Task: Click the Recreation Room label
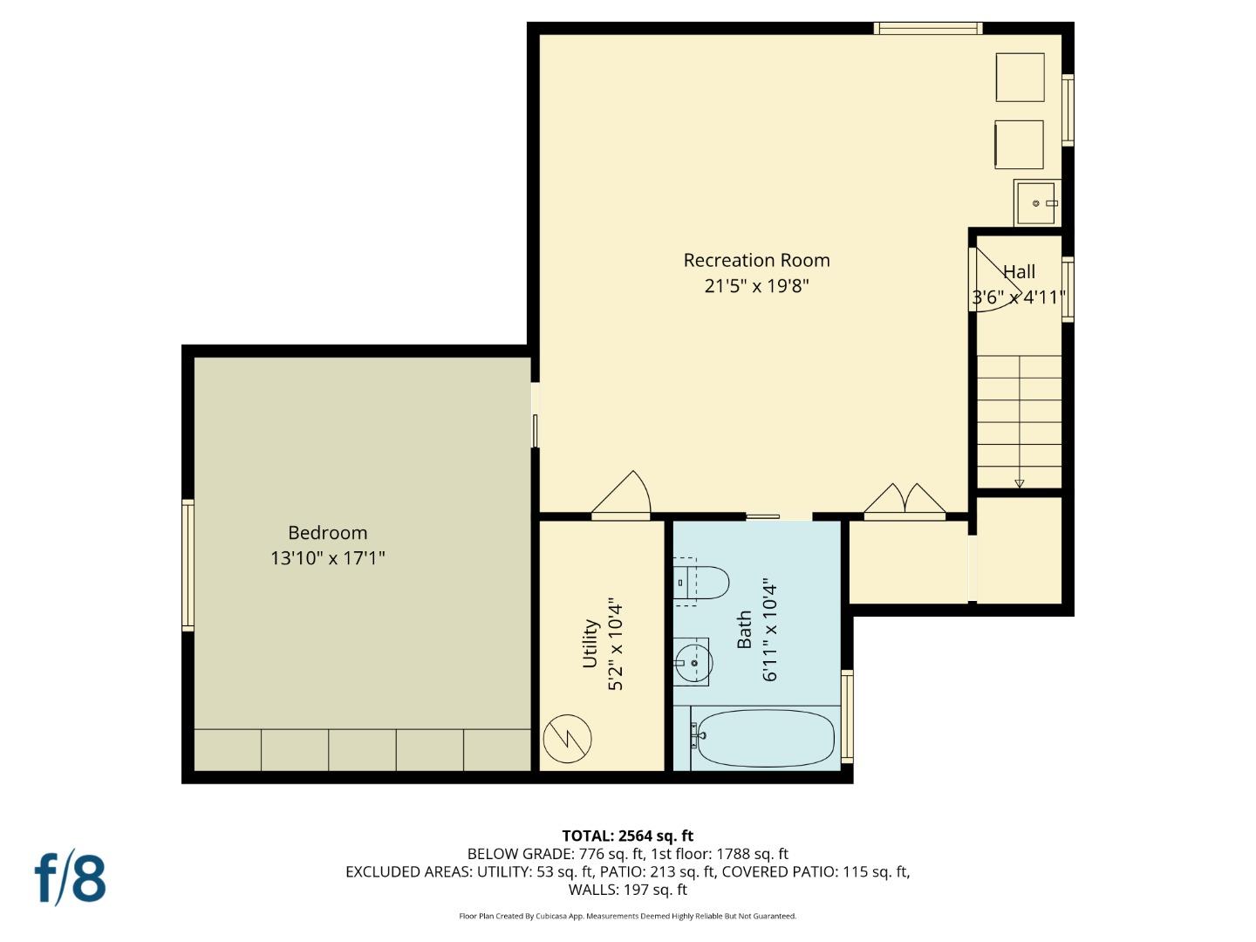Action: pos(756,260)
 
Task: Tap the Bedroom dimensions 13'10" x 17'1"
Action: pos(327,558)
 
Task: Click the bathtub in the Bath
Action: pos(765,738)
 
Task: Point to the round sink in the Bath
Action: pos(693,663)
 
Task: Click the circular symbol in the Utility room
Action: pos(567,739)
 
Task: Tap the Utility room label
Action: pos(590,644)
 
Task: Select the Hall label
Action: pos(1019,271)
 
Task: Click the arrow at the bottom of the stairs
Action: pos(1019,483)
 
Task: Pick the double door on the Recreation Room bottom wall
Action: pos(904,502)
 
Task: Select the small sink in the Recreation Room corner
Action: pos(1036,203)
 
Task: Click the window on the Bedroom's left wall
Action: pos(188,564)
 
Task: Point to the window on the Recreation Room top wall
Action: pos(928,29)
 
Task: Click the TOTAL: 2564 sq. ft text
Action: pos(627,836)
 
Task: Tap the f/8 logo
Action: pos(71,878)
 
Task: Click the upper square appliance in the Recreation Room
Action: pos(1020,78)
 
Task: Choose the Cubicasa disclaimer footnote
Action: pos(627,916)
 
